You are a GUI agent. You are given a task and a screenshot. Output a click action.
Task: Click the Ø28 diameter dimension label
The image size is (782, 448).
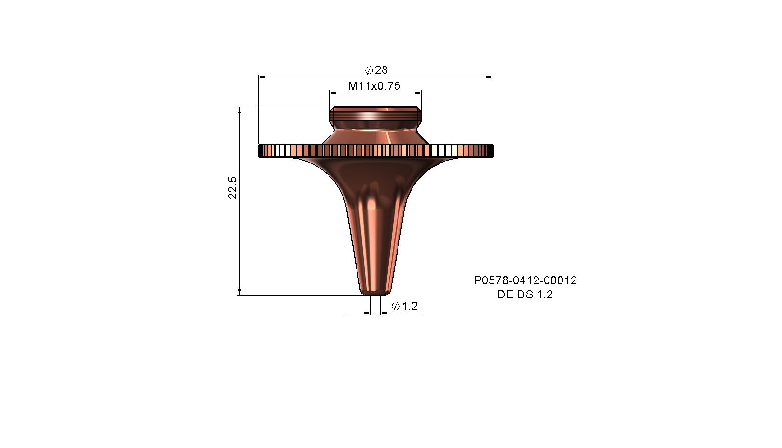pos(376,70)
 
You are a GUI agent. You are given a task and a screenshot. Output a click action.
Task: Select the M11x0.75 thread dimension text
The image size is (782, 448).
pos(374,86)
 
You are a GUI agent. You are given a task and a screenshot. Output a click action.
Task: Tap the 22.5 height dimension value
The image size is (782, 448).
pos(233,188)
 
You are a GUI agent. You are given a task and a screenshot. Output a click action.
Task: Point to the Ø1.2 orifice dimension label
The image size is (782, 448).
pos(405,306)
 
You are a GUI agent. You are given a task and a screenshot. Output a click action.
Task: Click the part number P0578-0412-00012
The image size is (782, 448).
pos(525,280)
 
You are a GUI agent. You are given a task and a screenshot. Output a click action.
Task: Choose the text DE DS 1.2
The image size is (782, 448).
pos(525,294)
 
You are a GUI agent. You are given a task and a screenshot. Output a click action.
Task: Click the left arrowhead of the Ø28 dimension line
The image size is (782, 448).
pos(262,77)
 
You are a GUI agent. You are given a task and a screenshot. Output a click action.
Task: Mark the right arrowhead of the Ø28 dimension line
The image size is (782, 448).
pos(489,77)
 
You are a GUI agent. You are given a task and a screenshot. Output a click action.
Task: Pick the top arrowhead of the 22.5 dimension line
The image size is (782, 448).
pos(239,111)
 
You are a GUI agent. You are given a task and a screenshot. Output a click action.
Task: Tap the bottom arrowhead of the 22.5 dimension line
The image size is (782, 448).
pos(239,292)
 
